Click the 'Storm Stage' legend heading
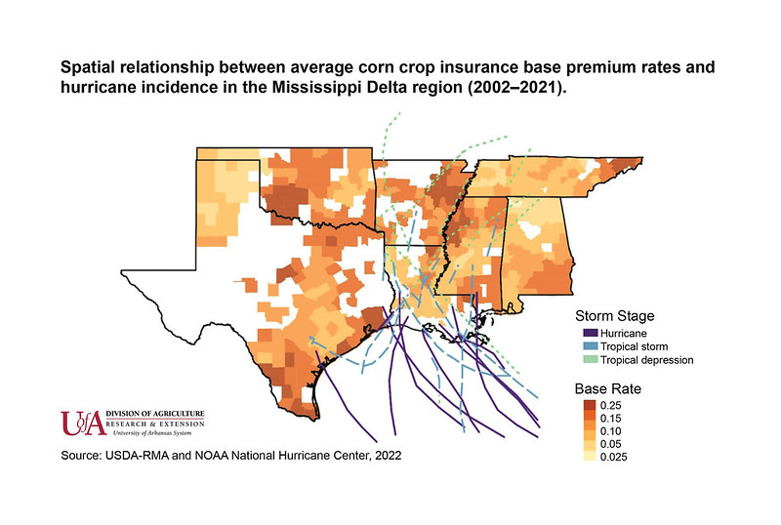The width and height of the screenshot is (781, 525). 615,316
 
